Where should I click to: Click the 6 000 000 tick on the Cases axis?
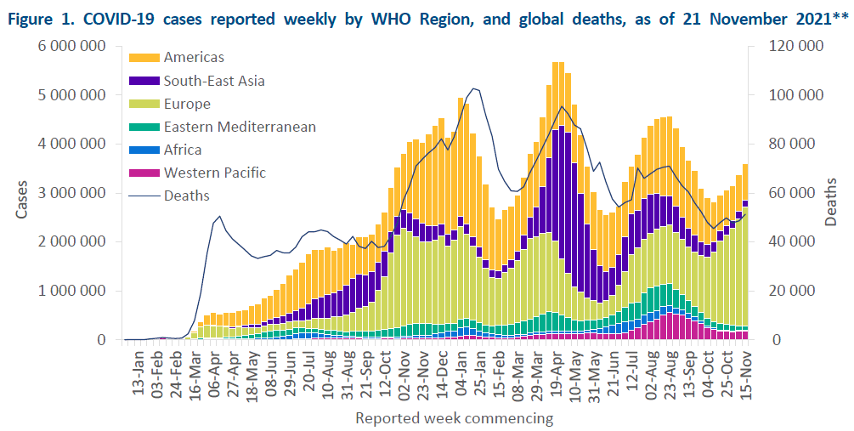coord(78,46)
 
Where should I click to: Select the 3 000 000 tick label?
coord(78,193)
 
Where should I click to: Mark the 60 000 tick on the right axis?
coord(793,193)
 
